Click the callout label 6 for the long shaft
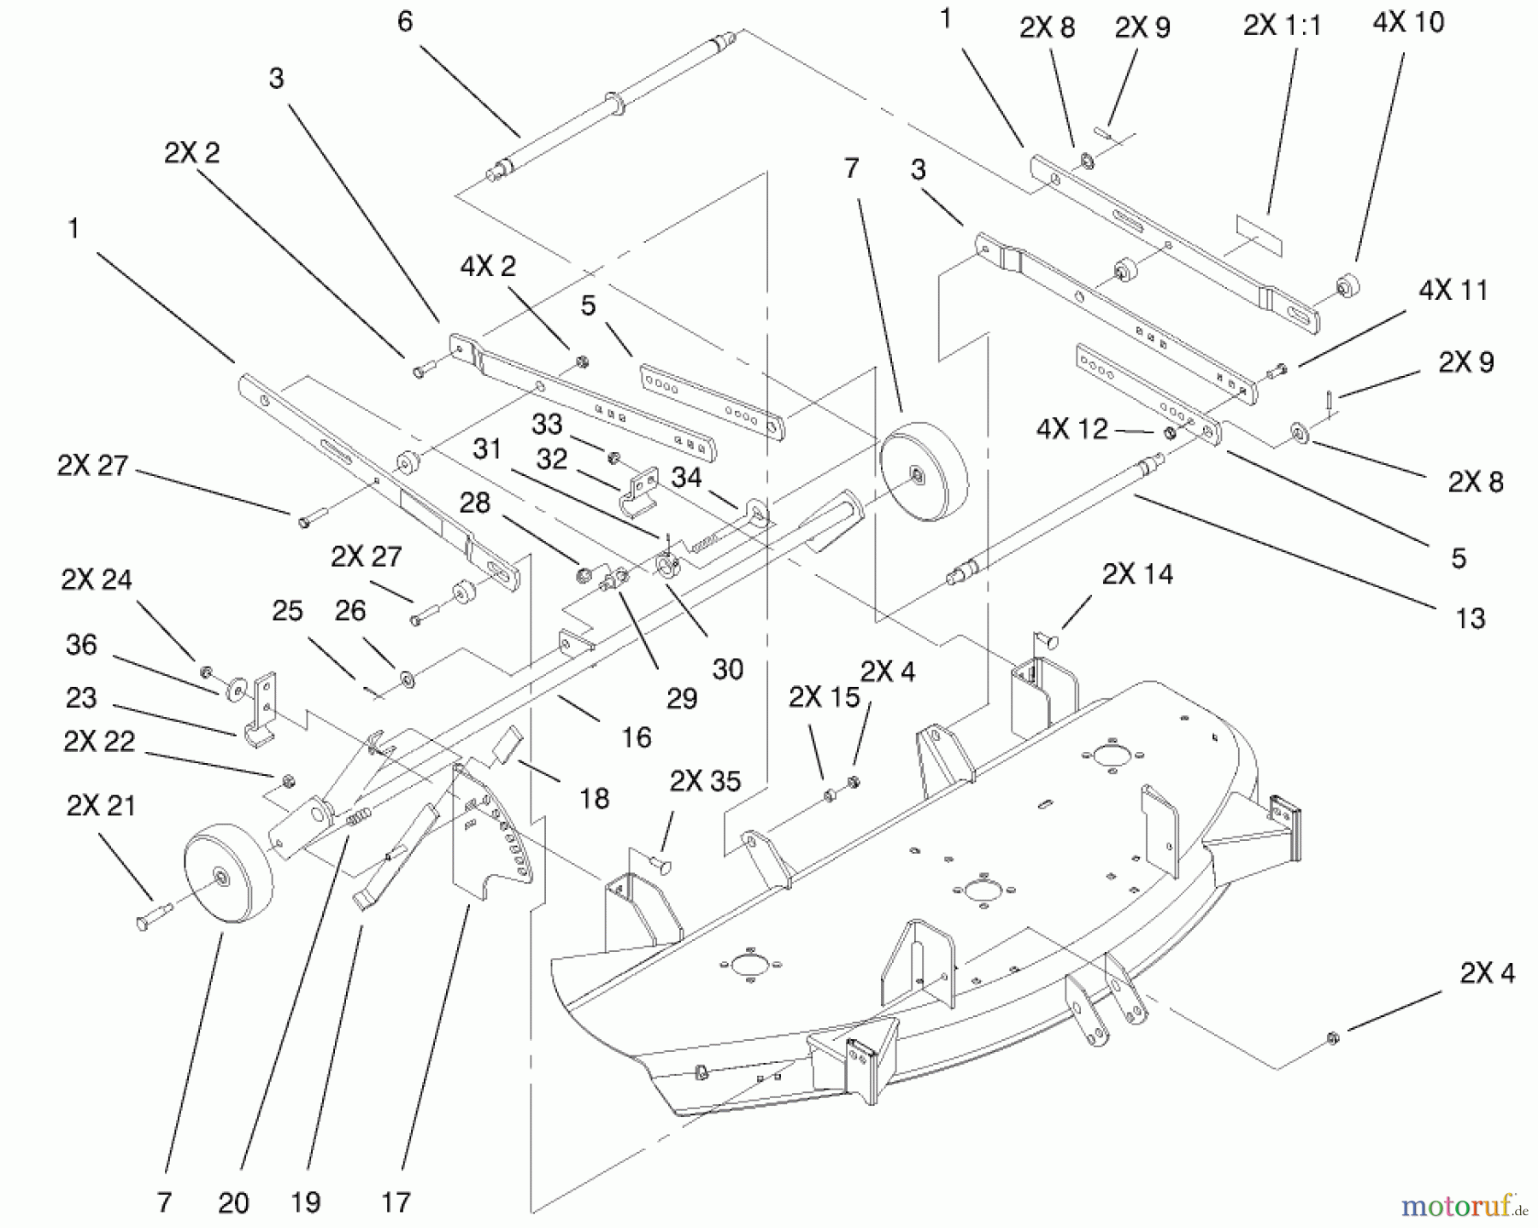click(x=405, y=21)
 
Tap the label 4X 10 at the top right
click(x=1408, y=22)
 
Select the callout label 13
click(x=1470, y=618)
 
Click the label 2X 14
click(x=1137, y=573)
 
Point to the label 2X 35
click(x=705, y=780)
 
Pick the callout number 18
click(x=594, y=798)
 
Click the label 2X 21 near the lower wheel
click(x=101, y=805)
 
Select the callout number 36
click(x=81, y=644)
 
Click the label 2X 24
click(x=97, y=579)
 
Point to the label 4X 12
click(x=1071, y=428)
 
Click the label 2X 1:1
click(x=1282, y=26)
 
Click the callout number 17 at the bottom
click(x=396, y=1202)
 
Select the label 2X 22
click(x=99, y=741)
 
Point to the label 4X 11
click(x=1453, y=290)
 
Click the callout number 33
click(x=547, y=424)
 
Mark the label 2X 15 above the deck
click(x=824, y=697)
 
